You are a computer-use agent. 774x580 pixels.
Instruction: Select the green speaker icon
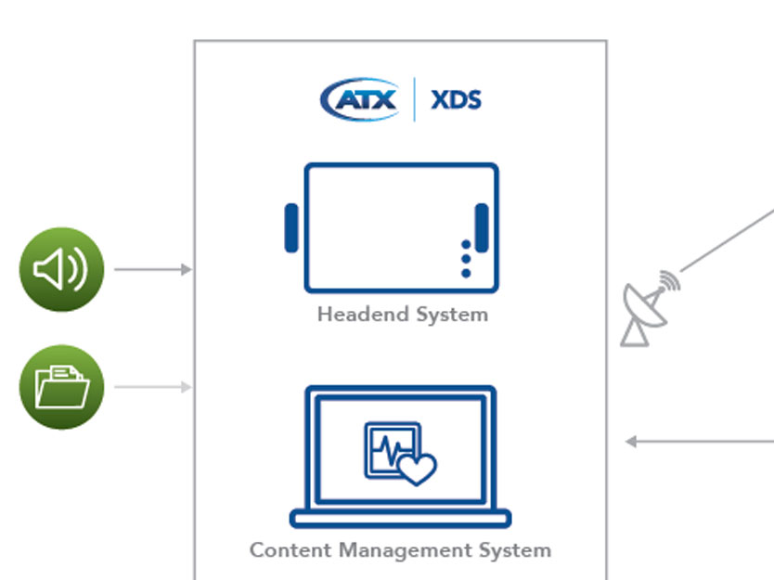pyautogui.click(x=61, y=270)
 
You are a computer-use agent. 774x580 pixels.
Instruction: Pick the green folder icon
pyautogui.click(x=61, y=387)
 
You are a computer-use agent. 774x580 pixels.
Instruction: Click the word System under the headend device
pyautogui.click(x=451, y=315)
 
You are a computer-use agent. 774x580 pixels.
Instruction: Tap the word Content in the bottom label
pyautogui.click(x=290, y=549)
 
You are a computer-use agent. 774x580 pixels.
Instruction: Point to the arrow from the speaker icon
pyautogui.click(x=152, y=270)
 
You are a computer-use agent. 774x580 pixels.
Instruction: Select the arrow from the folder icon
pyautogui.click(x=152, y=387)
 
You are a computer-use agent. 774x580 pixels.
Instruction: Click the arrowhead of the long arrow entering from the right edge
pyautogui.click(x=630, y=442)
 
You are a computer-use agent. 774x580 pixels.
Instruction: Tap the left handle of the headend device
pyautogui.click(x=291, y=228)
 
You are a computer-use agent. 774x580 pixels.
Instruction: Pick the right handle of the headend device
pyautogui.click(x=482, y=228)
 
